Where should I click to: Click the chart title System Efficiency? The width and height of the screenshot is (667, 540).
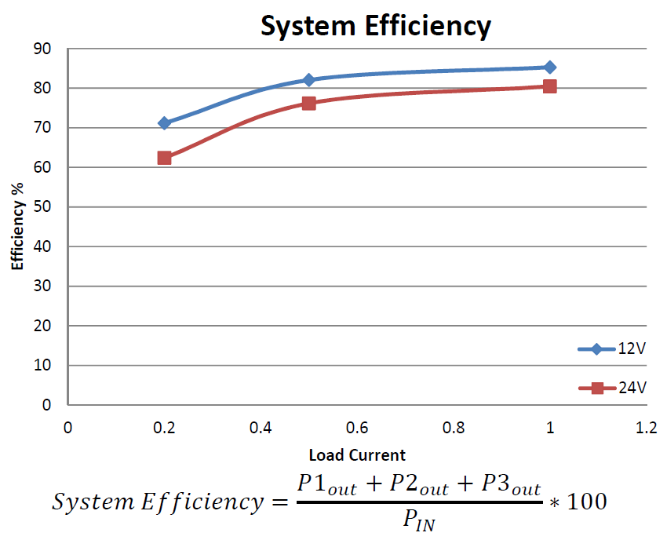coord(376,26)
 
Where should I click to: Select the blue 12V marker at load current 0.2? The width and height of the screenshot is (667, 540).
coord(164,123)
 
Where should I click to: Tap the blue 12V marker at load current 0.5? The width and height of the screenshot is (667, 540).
coord(308,80)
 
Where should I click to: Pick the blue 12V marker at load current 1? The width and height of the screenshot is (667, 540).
coord(549,67)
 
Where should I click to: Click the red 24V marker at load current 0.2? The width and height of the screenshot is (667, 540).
coord(164,158)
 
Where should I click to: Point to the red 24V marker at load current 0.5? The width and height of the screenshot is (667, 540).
coord(308,103)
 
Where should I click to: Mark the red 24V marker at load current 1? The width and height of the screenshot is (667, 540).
coord(549,86)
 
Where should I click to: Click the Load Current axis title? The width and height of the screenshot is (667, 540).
coord(357,454)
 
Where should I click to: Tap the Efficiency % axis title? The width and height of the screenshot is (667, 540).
coord(17,227)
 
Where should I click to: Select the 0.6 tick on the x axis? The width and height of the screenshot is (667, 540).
coord(357,428)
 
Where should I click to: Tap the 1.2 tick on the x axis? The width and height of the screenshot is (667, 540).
coord(646,428)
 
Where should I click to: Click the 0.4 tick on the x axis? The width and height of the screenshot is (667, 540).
coord(261,428)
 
